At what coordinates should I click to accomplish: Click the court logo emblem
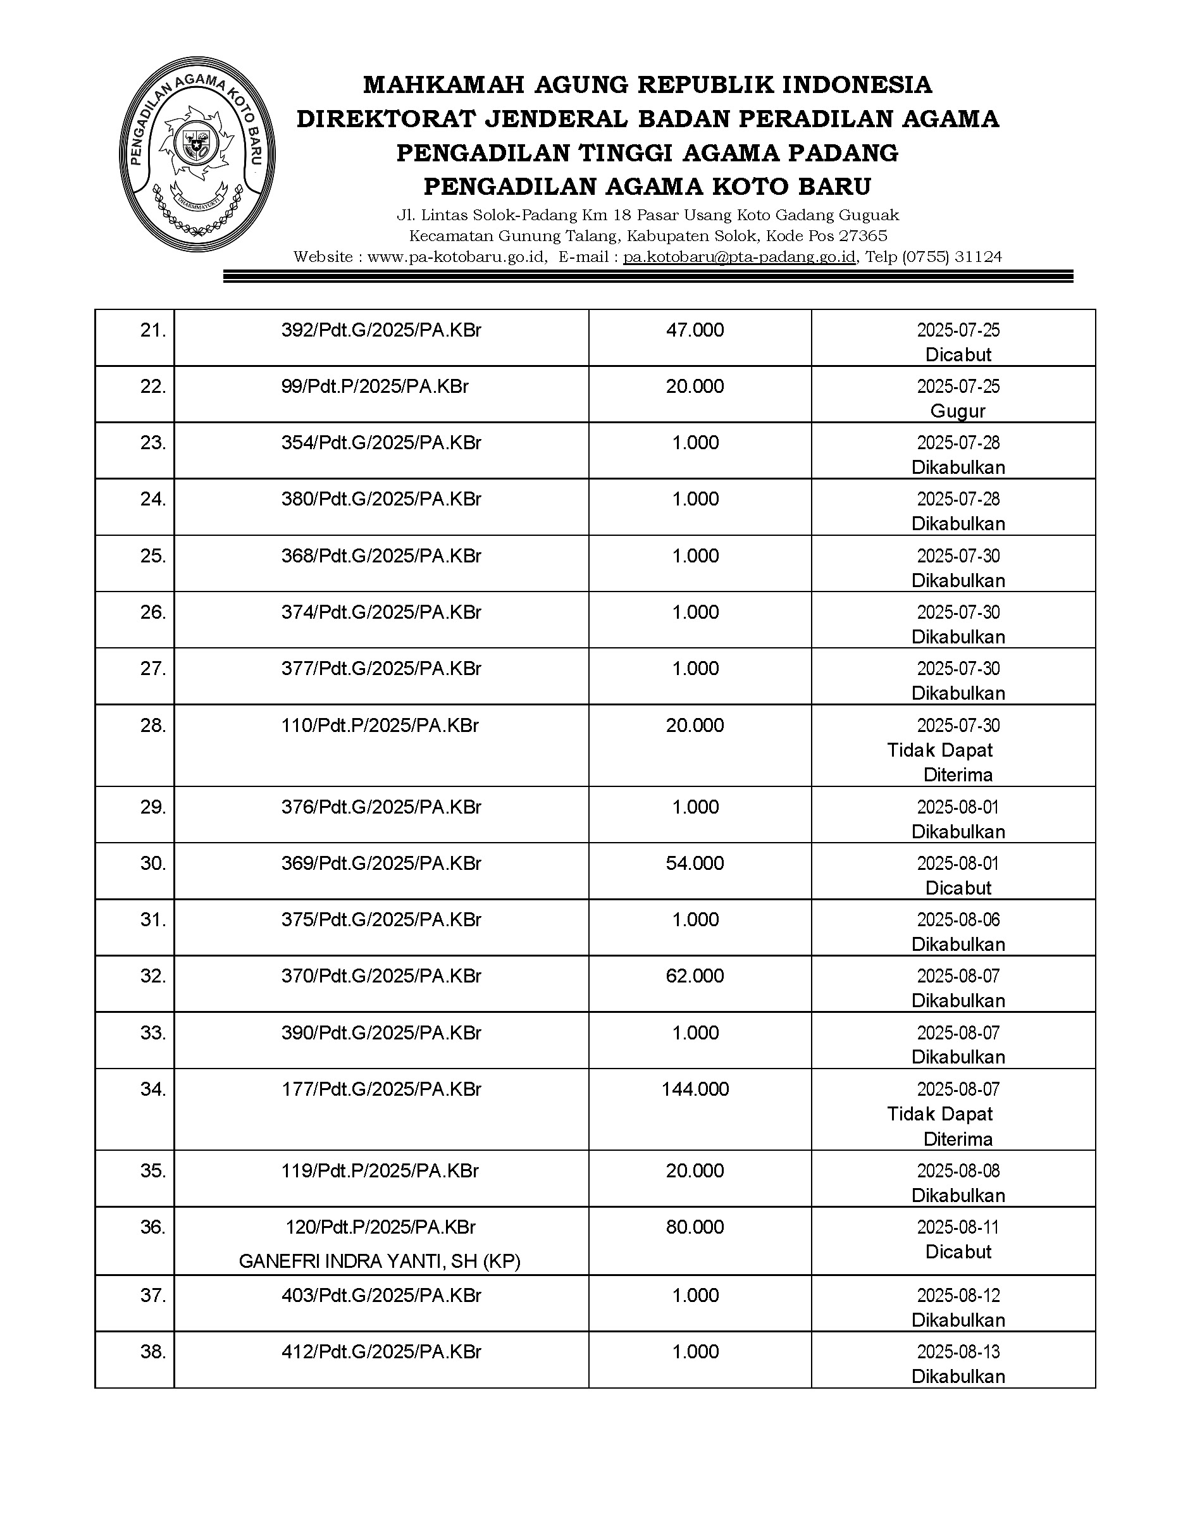tap(197, 154)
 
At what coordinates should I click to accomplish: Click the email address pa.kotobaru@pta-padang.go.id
tap(740, 257)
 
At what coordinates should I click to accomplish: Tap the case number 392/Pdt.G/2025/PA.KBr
tap(381, 330)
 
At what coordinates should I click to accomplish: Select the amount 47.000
tap(695, 330)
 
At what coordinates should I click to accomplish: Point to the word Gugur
tap(957, 411)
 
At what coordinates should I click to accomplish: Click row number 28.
tap(153, 726)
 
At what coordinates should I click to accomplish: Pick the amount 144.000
tap(695, 1089)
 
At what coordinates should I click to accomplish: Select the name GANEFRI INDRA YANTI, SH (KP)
tap(380, 1262)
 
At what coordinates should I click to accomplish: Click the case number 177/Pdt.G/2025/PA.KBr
tap(381, 1089)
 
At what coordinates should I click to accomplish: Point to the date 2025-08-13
tap(958, 1352)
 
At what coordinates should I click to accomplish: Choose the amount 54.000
tap(695, 864)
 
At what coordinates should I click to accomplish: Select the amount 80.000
tap(695, 1227)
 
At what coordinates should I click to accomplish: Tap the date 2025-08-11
tap(958, 1227)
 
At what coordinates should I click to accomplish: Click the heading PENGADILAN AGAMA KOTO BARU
tap(648, 187)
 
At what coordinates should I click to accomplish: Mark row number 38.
tap(153, 1352)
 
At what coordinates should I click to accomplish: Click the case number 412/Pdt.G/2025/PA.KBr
tap(381, 1352)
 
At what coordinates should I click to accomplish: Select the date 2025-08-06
tap(958, 920)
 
